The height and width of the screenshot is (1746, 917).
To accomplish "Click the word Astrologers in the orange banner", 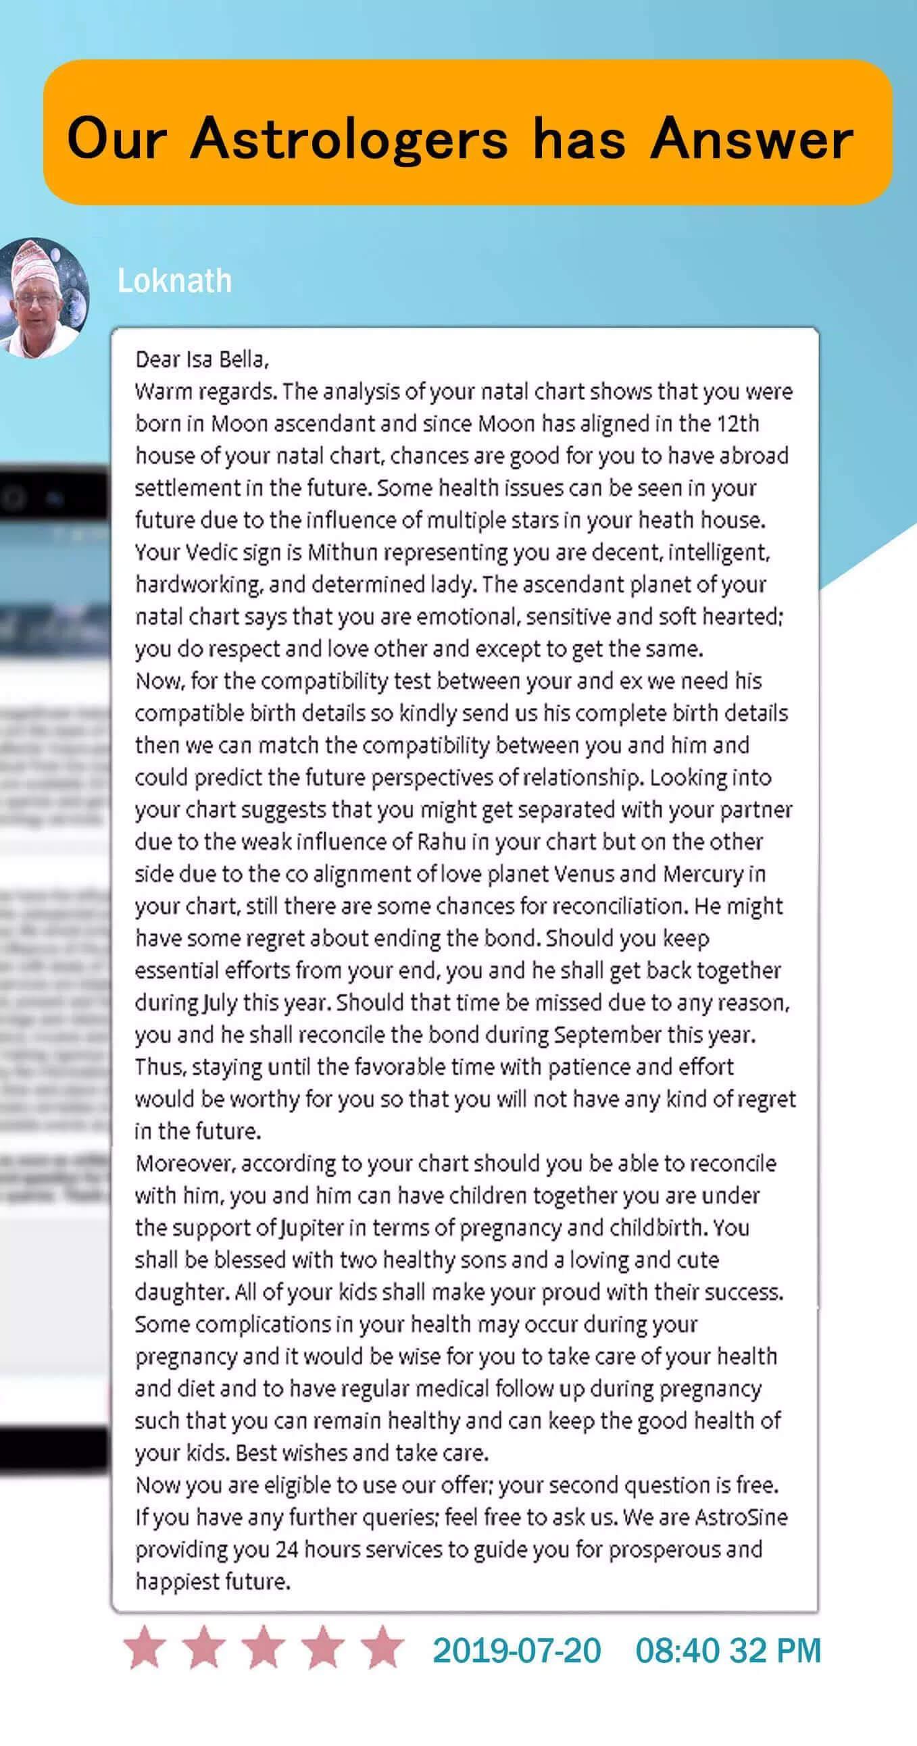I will pyautogui.click(x=349, y=139).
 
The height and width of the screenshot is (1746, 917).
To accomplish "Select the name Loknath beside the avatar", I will pyautogui.click(x=174, y=280).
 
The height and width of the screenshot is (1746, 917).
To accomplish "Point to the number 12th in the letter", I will pyautogui.click(x=738, y=423).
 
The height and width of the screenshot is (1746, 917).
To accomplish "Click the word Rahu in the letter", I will pyautogui.click(x=441, y=842).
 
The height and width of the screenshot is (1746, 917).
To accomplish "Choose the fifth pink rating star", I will pyautogui.click(x=383, y=1648).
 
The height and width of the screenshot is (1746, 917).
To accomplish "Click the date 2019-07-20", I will pyautogui.click(x=517, y=1651).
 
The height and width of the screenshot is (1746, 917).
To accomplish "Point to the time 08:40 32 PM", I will pyautogui.click(x=728, y=1651).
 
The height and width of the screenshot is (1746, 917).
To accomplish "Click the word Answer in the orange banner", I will pyautogui.click(x=751, y=139).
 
